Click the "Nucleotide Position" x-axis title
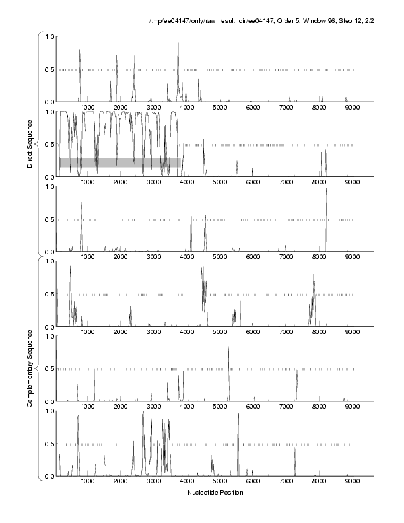[215, 493]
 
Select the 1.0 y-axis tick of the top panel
[50, 37]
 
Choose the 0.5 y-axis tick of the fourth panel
[50, 295]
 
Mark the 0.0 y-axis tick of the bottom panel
[50, 476]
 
